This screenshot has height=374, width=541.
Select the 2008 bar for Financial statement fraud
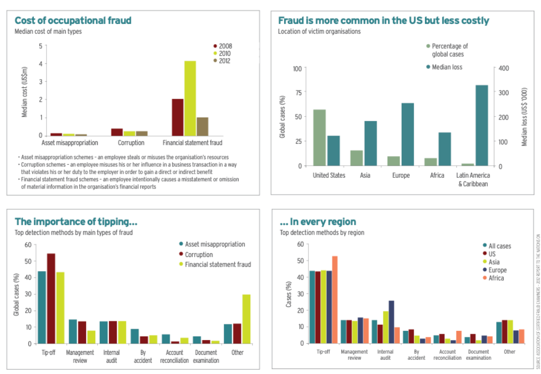point(177,117)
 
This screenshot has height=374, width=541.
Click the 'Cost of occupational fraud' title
point(73,21)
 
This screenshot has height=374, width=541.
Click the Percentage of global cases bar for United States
point(320,137)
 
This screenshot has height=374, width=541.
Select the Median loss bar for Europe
point(407,134)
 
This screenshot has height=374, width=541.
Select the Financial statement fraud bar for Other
point(247,319)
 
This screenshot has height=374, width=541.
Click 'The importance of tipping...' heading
point(76,221)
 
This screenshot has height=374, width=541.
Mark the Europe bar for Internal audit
point(391,322)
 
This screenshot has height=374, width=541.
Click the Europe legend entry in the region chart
point(499,270)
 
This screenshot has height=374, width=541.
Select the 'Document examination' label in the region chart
point(478,355)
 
